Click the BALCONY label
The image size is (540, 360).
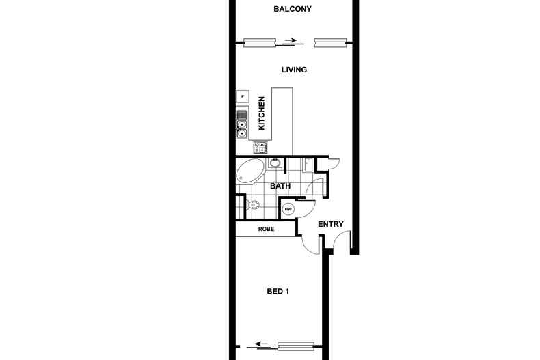tap(292, 10)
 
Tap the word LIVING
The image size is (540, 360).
tap(294, 70)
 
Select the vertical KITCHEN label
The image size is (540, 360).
tap(261, 113)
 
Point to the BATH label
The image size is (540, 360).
tap(281, 186)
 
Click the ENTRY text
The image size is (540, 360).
tap(331, 225)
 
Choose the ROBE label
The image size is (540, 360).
tap(266, 229)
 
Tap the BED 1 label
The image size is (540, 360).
tap(278, 292)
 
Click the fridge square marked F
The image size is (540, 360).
tap(242, 96)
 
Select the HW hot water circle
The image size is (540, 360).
tap(288, 209)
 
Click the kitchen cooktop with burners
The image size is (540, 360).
tap(260, 147)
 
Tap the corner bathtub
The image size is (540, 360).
tap(249, 171)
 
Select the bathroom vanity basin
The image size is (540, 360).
tap(275, 163)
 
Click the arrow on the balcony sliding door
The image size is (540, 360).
tap(291, 41)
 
